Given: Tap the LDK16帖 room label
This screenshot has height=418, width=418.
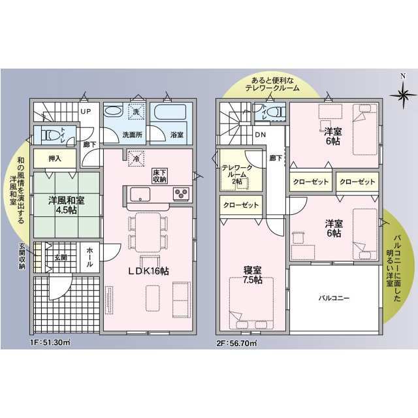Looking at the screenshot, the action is click(148, 271).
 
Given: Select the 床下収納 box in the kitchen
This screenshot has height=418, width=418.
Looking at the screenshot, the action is click(159, 176).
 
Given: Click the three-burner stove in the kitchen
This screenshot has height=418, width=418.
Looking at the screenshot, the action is click(182, 193).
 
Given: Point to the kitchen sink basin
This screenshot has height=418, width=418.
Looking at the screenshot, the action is click(140, 195).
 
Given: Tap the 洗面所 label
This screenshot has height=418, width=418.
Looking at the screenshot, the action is click(132, 135).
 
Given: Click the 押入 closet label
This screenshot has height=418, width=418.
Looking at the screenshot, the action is click(55, 159).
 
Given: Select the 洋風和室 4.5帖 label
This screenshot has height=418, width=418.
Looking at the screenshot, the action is click(67, 205).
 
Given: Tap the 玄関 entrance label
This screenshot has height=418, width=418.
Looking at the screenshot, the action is click(61, 257).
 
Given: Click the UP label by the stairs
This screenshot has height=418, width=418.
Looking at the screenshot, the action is click(86, 112).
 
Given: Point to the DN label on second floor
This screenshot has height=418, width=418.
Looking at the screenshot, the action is click(261, 135).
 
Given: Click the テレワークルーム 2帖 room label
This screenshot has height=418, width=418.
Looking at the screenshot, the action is click(237, 174).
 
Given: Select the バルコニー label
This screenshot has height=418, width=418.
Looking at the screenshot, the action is click(334, 298).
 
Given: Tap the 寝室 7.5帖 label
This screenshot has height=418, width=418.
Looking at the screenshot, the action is click(253, 275).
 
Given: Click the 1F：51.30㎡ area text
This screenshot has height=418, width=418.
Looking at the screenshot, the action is click(50, 342).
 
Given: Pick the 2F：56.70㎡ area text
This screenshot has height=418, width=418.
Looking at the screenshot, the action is click(236, 343).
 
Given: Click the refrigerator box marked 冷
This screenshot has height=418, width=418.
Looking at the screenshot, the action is click(136, 159).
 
